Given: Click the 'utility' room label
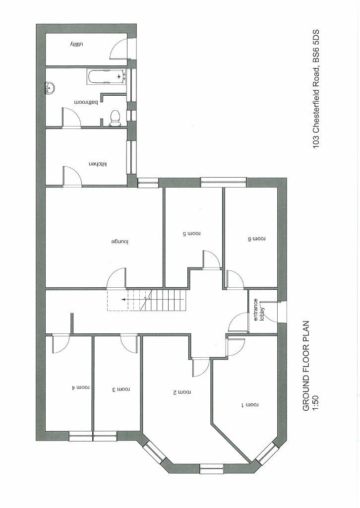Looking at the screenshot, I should (x=74, y=45).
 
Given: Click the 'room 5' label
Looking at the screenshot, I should (x=190, y=233).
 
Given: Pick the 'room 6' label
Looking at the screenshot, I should (x=256, y=239).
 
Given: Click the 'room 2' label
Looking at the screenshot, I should (x=181, y=392).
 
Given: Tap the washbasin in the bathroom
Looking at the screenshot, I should (x=50, y=88).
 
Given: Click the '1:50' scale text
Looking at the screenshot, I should (x=314, y=401).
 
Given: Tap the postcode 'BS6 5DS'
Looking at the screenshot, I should (x=315, y=48).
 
